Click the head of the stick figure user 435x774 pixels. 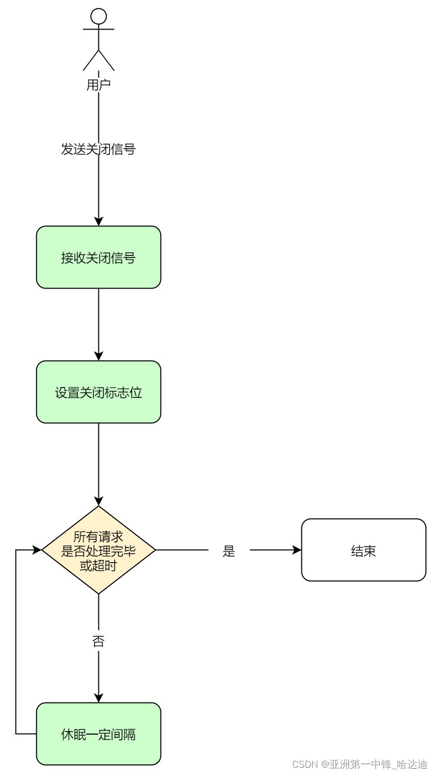coord(98,17)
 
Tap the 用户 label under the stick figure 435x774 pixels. coord(98,85)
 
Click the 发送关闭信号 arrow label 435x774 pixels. coord(98,149)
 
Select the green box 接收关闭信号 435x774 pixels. coord(98,257)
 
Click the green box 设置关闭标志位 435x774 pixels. coord(98,392)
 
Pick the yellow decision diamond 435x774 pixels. coord(98,550)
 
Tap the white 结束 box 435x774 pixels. coord(364,550)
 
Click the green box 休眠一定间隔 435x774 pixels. coord(98,734)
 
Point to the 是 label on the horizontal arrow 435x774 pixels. coord(229,551)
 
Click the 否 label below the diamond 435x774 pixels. coord(98,641)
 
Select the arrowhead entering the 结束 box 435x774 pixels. coord(297,550)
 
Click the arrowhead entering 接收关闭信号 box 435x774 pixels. coord(98,221)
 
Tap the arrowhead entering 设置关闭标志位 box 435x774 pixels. coord(98,356)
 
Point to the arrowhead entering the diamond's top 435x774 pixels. coord(98,501)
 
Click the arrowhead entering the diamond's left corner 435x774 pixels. coord(37,550)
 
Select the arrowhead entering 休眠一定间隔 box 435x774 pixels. coord(98,698)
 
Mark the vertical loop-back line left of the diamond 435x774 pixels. coord(16,642)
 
